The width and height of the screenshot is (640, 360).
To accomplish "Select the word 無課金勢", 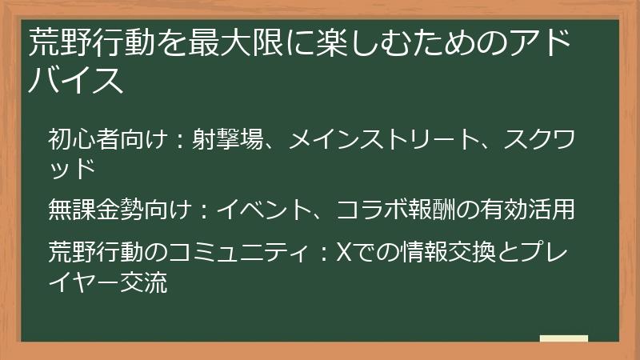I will pyautogui.click(x=95, y=210).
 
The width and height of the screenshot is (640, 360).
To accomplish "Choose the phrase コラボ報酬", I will pyautogui.click(x=392, y=210).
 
